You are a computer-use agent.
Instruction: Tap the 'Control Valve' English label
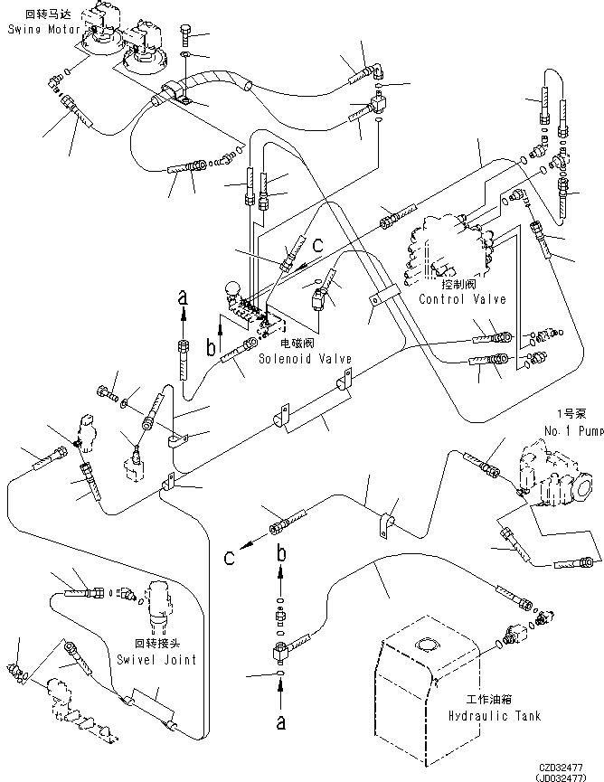point(462,299)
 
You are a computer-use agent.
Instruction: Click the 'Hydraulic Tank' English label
point(494,716)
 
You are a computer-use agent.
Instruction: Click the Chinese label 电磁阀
point(297,345)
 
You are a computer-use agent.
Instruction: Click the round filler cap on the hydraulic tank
point(424,645)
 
